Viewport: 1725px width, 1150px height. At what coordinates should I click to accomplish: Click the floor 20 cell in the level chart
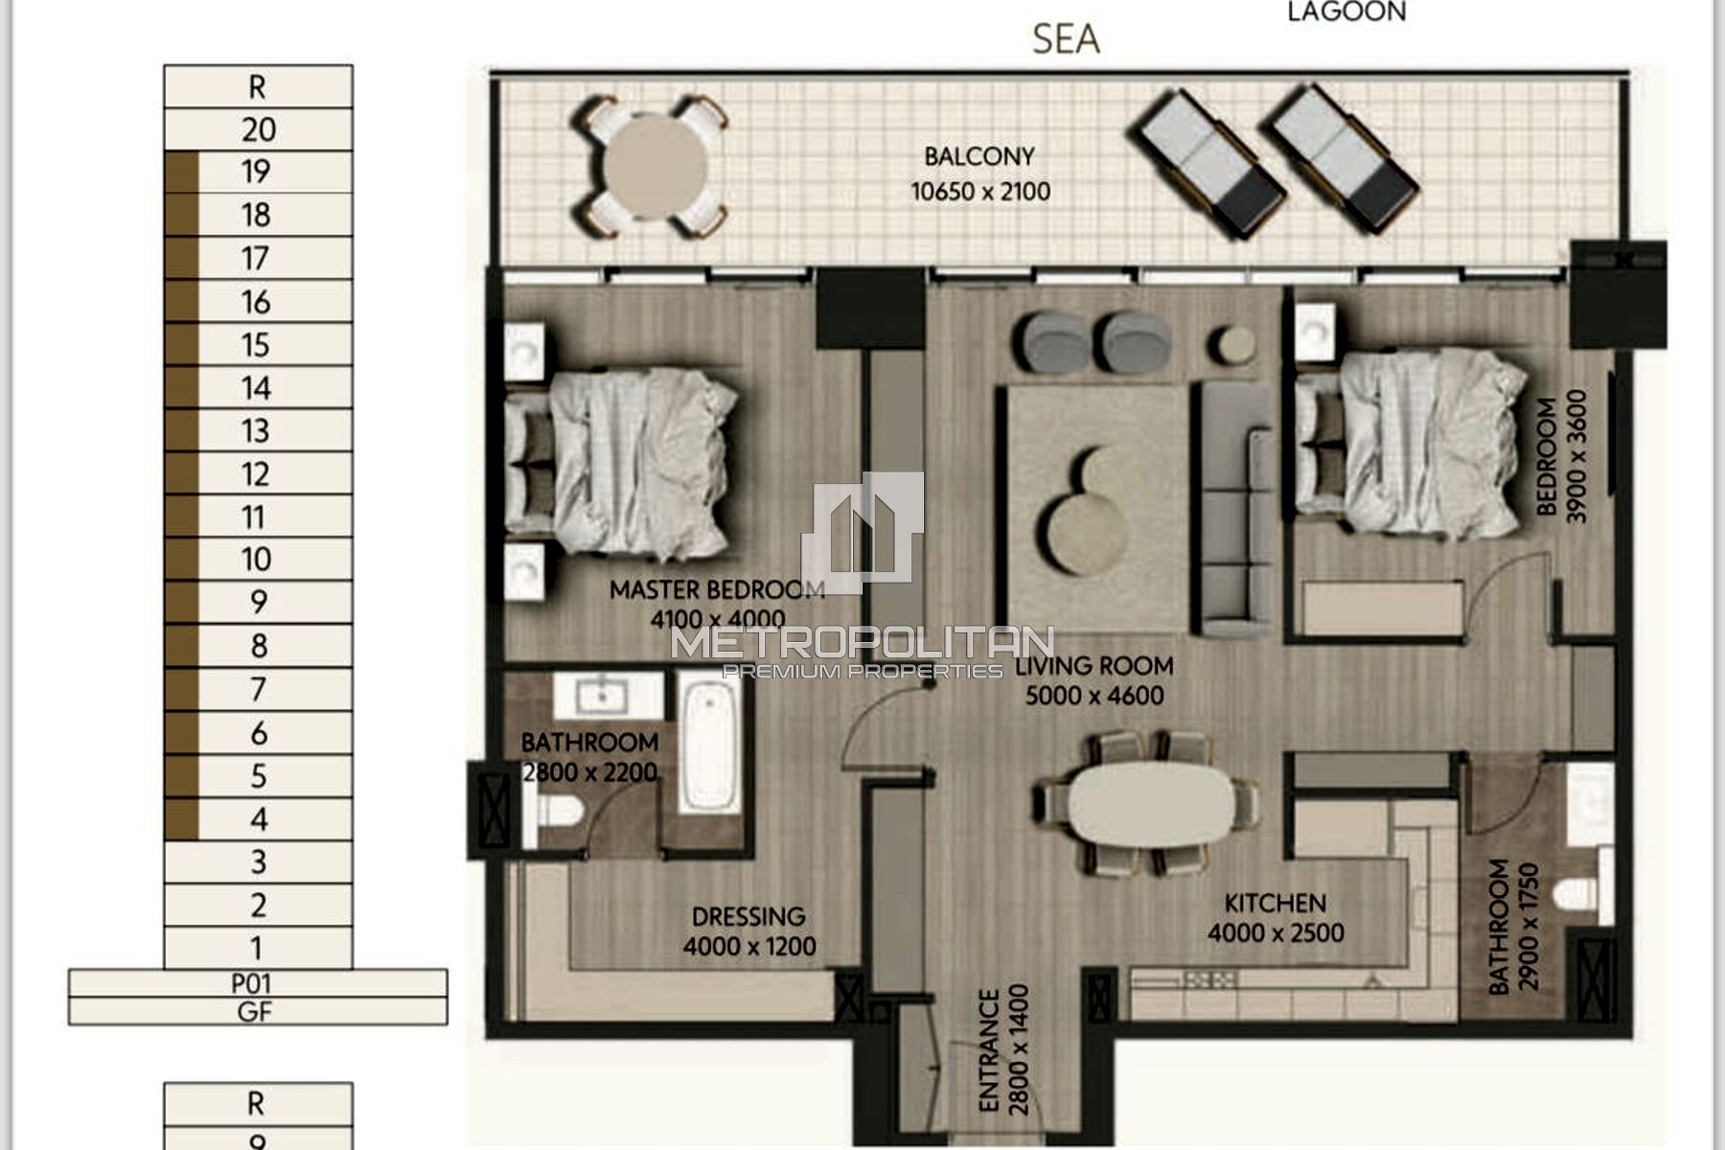(258, 129)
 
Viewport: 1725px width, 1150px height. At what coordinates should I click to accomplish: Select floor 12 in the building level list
(258, 473)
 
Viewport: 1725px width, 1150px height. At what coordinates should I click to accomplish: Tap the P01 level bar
(258, 983)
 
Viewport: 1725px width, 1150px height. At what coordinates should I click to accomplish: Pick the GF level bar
(258, 1011)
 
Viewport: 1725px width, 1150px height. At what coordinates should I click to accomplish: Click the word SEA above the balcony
(1066, 39)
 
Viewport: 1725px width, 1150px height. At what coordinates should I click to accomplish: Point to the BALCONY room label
(979, 156)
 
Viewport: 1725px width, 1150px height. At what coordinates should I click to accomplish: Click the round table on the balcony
(655, 167)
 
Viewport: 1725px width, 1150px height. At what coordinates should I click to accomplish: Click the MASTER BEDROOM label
(718, 588)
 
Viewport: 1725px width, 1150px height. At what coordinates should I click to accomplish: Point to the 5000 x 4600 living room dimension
(1094, 696)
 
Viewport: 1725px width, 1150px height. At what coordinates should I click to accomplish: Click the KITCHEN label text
(1276, 903)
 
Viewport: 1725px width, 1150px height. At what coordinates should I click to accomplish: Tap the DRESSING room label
(748, 916)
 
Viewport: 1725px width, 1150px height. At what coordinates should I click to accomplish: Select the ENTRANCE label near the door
(990, 1050)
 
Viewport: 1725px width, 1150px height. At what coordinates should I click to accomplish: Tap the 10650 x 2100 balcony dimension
(980, 192)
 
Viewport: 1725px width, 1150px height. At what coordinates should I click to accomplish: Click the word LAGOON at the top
(1346, 11)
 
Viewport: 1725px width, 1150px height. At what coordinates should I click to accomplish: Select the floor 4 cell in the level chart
(258, 819)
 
